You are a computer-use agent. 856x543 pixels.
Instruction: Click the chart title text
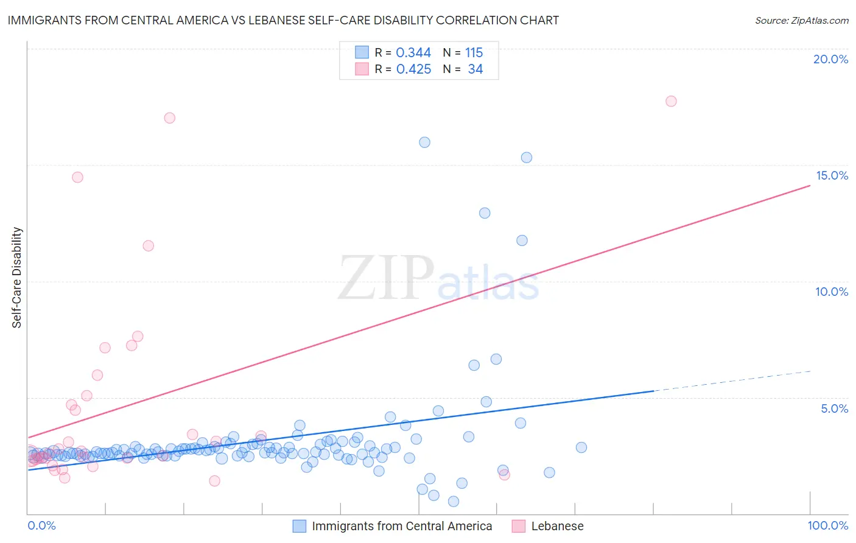pos(283,21)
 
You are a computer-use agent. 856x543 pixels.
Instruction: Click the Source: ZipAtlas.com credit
pos(801,21)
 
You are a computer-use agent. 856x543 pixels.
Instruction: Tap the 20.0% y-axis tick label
pos(830,59)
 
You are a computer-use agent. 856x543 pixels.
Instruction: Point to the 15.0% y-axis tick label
pos(832,175)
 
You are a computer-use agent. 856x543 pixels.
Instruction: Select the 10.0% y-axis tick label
pos(832,292)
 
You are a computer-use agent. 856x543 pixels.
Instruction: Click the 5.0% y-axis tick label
pos(834,408)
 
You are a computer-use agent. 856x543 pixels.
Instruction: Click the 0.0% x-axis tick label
pos(42,525)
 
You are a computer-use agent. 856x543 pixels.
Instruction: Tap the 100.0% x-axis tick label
pos(827,525)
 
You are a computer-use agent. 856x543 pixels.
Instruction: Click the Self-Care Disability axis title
pos(17,278)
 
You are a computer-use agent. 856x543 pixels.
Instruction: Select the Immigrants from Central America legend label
pos(402,526)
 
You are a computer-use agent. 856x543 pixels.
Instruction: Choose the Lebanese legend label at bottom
pos(557,526)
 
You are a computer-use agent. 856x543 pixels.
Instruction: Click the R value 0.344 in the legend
pos(413,53)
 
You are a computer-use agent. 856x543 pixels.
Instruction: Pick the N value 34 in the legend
pos(475,69)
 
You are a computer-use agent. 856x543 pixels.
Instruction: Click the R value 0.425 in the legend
pos(413,69)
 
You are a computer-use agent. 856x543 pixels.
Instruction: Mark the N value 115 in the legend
pos(474,53)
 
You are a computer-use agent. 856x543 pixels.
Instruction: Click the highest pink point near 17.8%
pos(671,101)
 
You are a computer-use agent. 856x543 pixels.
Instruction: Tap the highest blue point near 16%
pos(424,142)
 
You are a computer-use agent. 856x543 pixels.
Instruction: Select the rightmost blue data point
pos(581,447)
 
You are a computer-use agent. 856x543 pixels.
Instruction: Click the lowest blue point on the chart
pos(454,502)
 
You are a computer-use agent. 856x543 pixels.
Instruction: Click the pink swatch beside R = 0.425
pos(362,69)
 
